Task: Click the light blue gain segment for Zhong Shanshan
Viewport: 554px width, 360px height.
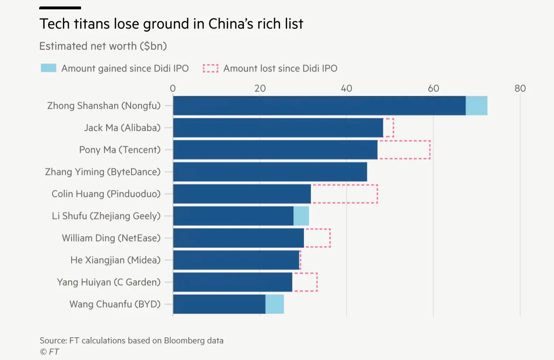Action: pos(476,105)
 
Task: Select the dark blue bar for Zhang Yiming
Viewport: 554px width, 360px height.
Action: pos(270,172)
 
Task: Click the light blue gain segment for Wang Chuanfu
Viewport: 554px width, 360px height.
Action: pos(275,304)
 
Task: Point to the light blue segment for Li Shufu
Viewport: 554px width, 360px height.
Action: pos(301,216)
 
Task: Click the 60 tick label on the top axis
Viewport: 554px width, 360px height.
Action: pos(433,88)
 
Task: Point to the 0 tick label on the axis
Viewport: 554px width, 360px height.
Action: pos(173,88)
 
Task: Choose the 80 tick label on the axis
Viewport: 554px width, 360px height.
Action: pos(520,88)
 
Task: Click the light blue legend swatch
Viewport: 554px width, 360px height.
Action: pos(49,68)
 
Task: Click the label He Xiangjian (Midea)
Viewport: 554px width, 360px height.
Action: pos(116,260)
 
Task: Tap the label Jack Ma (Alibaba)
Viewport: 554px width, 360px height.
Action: pos(122,128)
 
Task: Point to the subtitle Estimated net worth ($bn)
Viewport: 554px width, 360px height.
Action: pos(103,46)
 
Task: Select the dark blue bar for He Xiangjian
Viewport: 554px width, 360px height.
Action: pos(236,260)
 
